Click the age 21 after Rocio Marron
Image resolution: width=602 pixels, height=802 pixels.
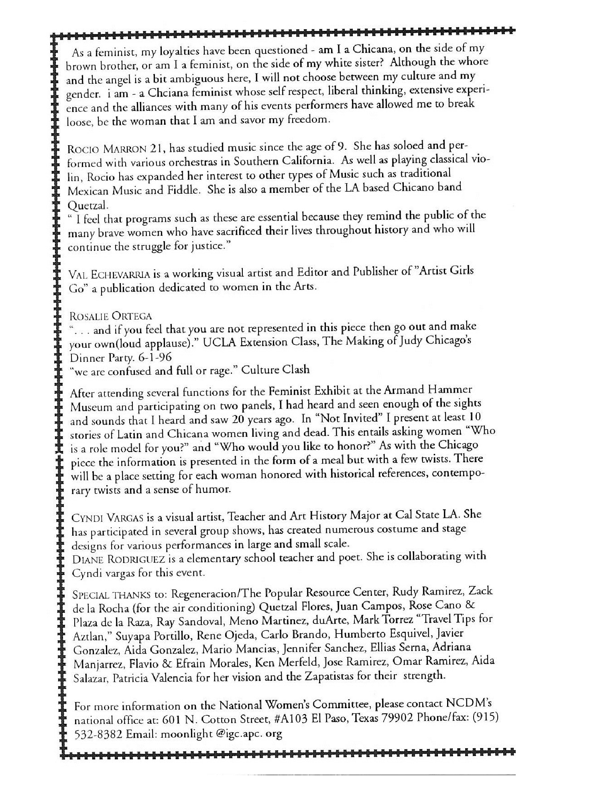click(157, 149)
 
